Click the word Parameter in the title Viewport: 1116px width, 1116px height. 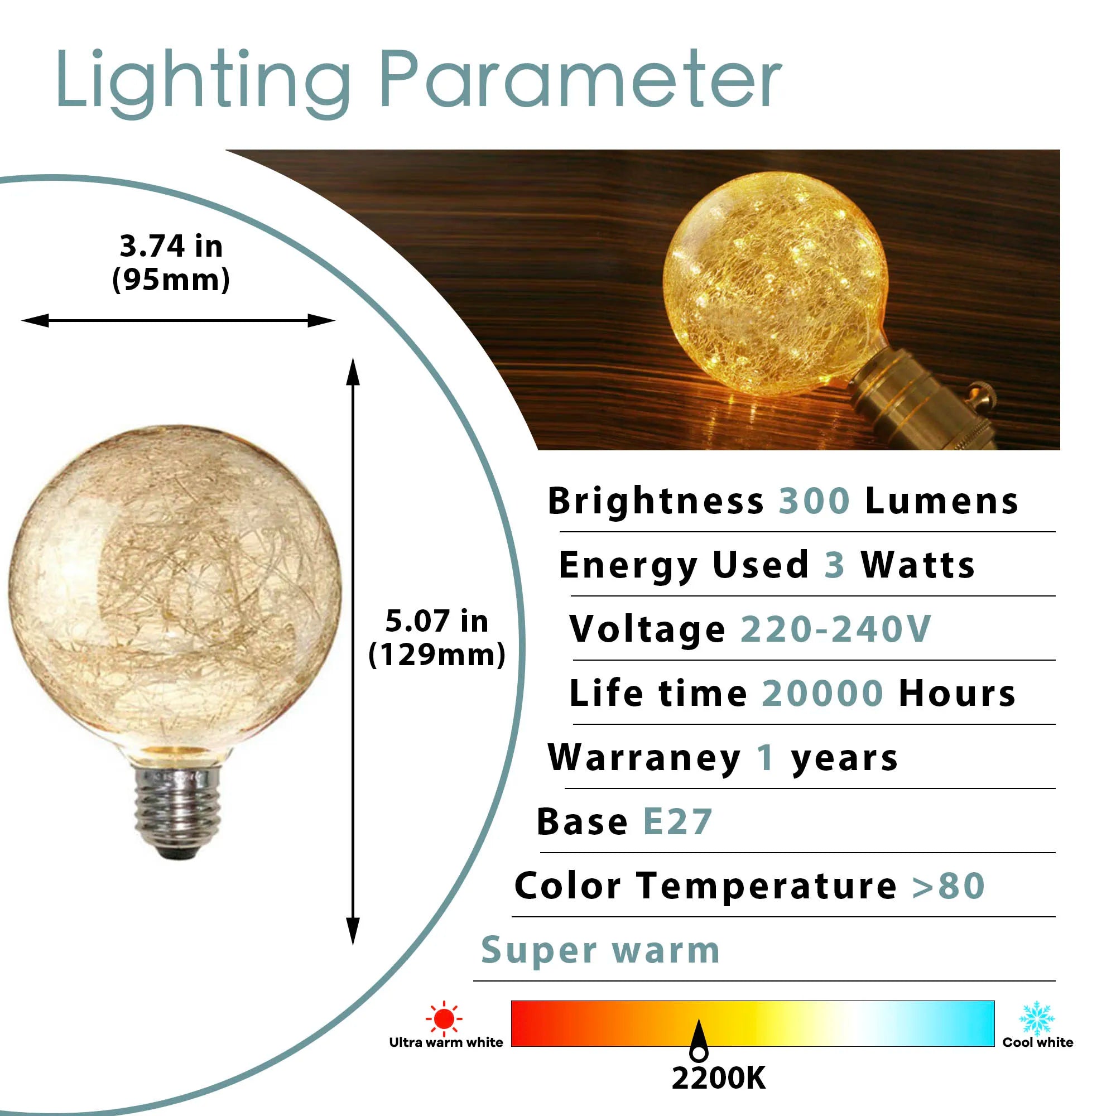coord(580,79)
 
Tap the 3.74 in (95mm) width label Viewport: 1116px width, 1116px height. coord(171,262)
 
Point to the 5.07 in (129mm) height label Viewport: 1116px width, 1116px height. coord(437,638)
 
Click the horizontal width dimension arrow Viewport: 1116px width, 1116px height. coord(178,321)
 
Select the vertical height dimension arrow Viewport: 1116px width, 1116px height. coord(353,652)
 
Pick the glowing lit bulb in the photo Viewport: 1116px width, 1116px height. coord(775,283)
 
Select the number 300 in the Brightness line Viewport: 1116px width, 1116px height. coord(815,501)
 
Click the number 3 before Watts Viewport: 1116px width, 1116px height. coord(835,565)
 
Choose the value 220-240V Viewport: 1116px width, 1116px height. coord(836,629)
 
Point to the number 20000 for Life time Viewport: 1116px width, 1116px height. coord(822,693)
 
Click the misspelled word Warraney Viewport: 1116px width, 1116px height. coord(644,758)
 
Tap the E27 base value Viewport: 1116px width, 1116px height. coord(677,822)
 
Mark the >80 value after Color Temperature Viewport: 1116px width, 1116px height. coord(949,886)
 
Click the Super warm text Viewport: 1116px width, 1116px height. coord(601,951)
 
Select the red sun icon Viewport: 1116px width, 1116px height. coord(444,1019)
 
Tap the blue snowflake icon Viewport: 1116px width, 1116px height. coord(1037,1018)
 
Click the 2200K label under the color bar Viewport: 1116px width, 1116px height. coord(719,1079)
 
